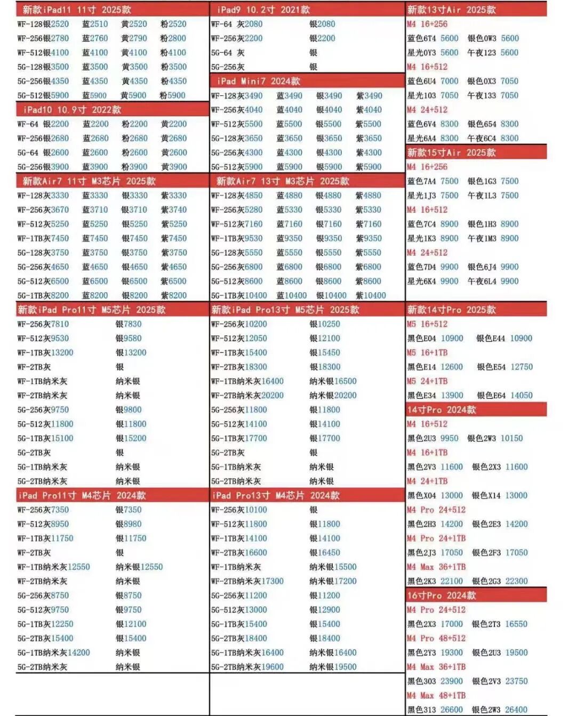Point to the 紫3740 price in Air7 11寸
(174, 210)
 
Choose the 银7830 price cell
(129, 324)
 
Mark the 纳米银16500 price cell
(333, 381)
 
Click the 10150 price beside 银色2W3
(511, 438)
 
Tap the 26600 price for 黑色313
(452, 710)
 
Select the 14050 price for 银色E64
(521, 395)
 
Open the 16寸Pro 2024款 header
(442, 595)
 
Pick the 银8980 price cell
(129, 524)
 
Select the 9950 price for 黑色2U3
(449, 438)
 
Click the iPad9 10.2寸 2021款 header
(263, 10)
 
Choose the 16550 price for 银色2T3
(516, 624)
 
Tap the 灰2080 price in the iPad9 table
(250, 24)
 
